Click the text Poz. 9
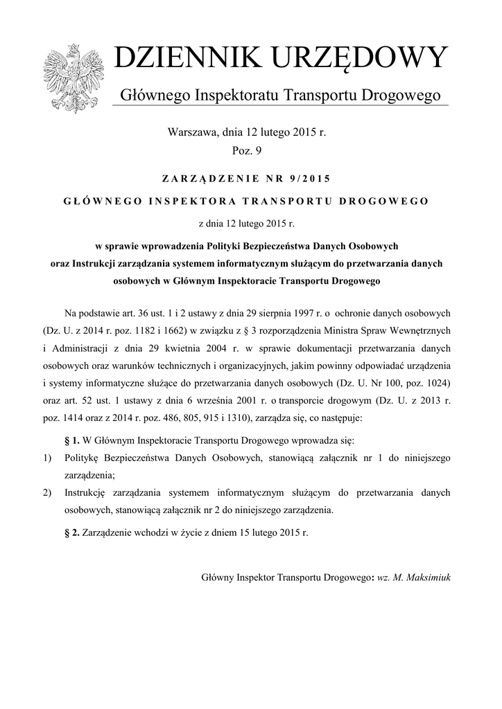(x=246, y=149)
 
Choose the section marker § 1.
(x=72, y=440)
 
